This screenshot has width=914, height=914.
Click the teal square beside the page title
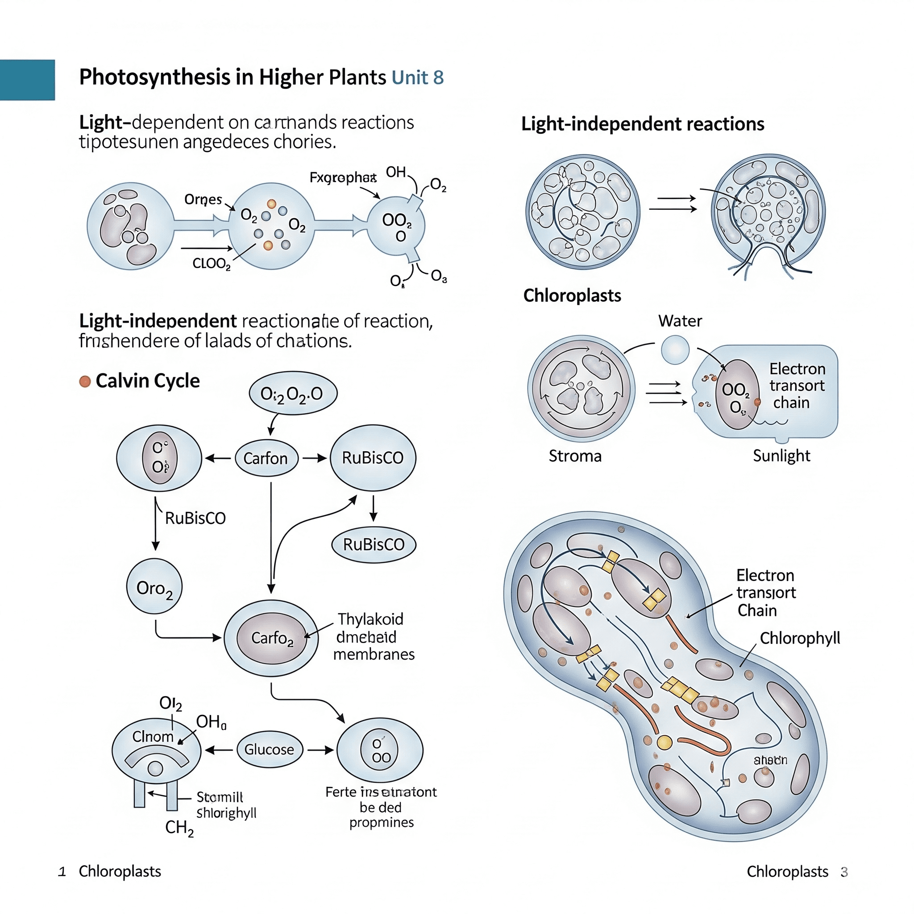click(x=27, y=79)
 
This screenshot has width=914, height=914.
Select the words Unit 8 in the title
click(x=418, y=78)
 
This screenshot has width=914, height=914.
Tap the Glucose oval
click(x=269, y=749)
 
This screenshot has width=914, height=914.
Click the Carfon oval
click(x=266, y=458)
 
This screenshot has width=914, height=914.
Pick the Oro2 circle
click(x=154, y=586)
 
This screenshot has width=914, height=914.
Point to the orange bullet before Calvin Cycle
click(x=85, y=381)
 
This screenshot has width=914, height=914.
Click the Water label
click(x=680, y=321)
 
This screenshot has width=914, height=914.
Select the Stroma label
click(x=575, y=456)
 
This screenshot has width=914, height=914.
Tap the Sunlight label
click(x=781, y=456)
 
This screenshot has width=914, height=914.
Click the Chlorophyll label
click(x=799, y=638)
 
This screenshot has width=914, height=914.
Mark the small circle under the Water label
click(x=675, y=350)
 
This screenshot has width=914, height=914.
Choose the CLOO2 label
click(x=212, y=263)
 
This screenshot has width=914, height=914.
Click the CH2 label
click(x=179, y=827)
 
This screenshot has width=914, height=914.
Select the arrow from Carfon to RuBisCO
click(x=315, y=458)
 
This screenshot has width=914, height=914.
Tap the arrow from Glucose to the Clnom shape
click(x=219, y=750)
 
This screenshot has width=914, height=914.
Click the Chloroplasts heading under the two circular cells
click(x=572, y=296)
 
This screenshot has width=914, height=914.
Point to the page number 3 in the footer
click(x=844, y=872)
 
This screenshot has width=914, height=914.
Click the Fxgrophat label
click(x=342, y=178)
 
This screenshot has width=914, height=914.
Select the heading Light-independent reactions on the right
click(x=643, y=124)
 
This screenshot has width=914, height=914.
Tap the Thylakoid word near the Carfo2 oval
click(x=370, y=619)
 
